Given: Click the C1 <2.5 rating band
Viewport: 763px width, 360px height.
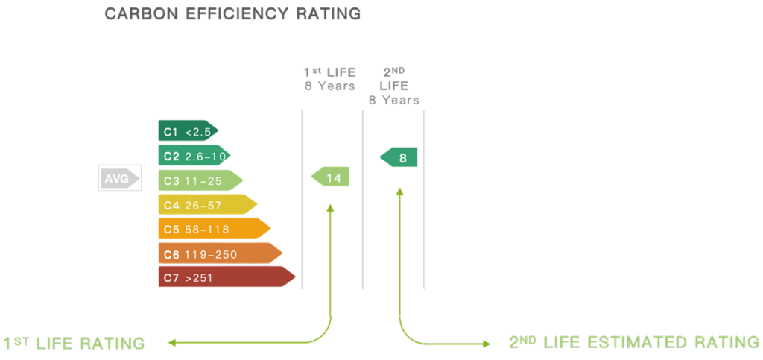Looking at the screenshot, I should coord(187,131).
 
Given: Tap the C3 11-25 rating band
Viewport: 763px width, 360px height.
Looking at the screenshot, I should coord(200,180).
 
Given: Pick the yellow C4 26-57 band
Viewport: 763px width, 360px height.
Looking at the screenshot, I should coord(206,203).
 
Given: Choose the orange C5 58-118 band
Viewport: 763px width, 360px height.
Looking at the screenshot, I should coord(213,228).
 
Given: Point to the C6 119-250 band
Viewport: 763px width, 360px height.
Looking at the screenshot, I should coord(219,253).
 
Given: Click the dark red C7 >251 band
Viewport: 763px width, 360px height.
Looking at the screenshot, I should coord(226,277).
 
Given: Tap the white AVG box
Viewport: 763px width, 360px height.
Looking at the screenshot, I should coord(120,179).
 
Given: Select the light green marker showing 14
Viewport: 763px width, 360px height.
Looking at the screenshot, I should coord(330,177).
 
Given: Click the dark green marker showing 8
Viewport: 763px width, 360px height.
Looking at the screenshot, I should coord(399,157).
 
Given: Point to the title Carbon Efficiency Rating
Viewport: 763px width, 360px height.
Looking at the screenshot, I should coord(232,14).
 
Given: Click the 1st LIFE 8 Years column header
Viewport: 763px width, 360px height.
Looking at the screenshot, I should coord(329,79).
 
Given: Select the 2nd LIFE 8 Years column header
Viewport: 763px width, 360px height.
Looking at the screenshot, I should coord(393,85).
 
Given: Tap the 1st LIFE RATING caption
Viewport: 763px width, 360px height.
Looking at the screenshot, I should coord(73,344).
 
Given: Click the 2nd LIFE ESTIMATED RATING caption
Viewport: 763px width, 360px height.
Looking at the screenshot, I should coord(633,343).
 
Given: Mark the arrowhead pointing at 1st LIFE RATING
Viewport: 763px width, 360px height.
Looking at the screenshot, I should coord(171,344).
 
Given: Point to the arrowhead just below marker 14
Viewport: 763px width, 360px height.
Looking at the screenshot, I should coord(331,208).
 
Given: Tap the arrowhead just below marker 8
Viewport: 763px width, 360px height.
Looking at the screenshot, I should coord(399,191).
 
